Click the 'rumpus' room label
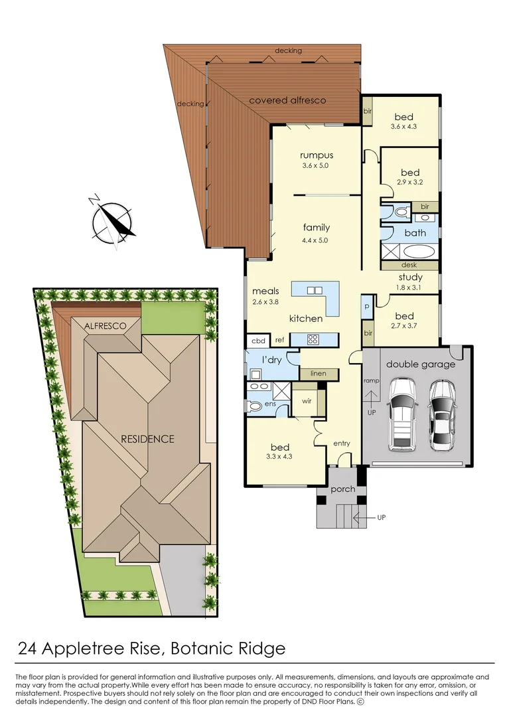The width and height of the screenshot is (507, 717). tap(317, 156)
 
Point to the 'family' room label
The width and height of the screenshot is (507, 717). tap(317, 228)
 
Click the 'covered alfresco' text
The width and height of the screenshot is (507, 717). tap(287, 100)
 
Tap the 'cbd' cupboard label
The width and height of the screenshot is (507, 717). tap(258, 341)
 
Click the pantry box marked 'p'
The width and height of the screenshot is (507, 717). tap(367, 306)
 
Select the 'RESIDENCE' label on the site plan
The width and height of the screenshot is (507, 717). tap(147, 439)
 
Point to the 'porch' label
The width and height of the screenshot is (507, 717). tap(343, 489)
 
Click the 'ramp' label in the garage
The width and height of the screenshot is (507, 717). tap(371, 381)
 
